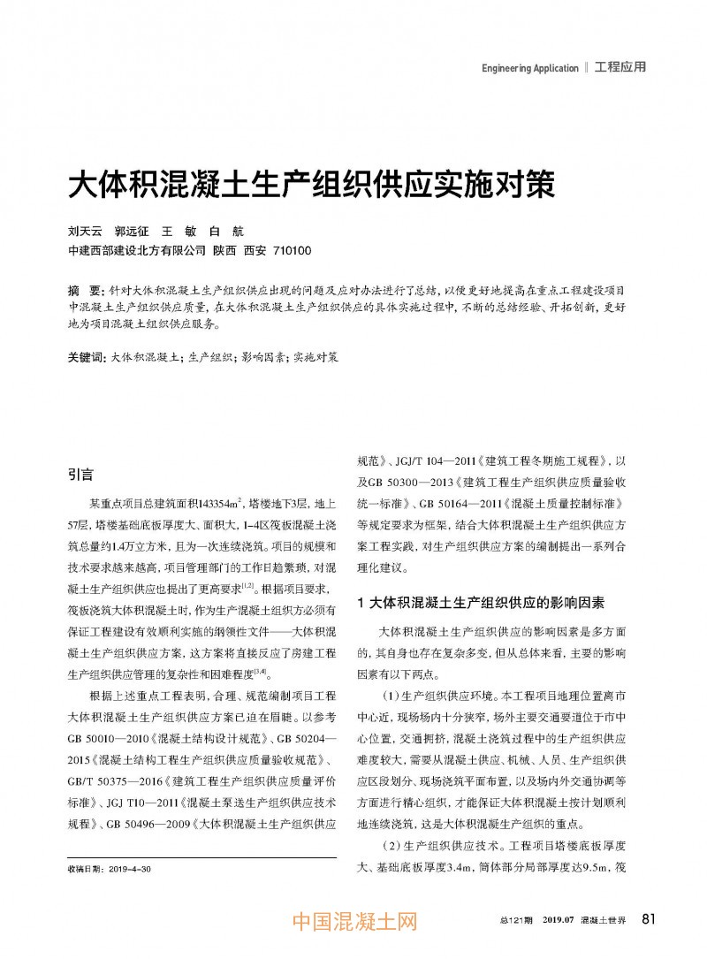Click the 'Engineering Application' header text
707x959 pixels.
[x=529, y=68]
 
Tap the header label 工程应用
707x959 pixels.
[x=620, y=67]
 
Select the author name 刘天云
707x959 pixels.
[x=86, y=232]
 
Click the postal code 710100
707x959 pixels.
[x=292, y=250]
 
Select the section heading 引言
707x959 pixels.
[x=80, y=475]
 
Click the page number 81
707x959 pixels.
[x=649, y=919]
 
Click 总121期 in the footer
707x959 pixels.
[x=516, y=921]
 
